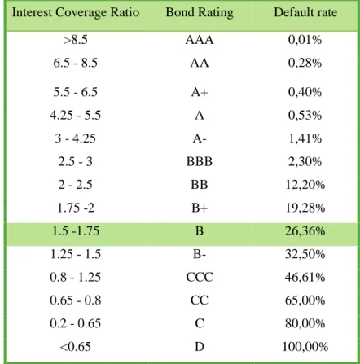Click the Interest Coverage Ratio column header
76,12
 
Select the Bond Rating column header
200,12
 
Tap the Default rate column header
305,12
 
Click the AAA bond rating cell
200,40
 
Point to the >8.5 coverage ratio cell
76,40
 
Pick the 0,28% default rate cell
305,63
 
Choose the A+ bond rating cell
200,92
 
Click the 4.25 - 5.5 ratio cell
76,116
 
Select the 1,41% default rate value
305,138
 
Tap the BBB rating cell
200,161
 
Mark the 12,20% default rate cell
305,185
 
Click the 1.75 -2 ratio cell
76,208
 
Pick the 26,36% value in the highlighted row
305,231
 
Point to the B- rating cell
200,254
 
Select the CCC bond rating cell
200,278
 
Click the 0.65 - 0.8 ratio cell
76,300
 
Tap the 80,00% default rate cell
305,323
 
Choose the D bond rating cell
200,347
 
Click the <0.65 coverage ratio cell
76,347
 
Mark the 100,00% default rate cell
305,347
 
